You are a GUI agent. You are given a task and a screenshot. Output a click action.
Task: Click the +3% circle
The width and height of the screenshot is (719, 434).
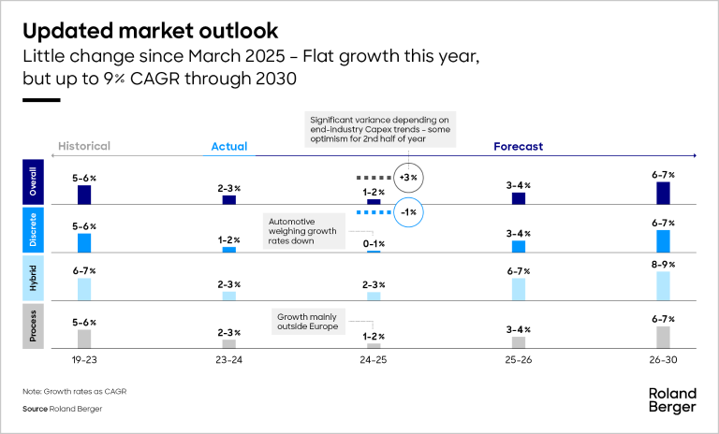click(407, 176)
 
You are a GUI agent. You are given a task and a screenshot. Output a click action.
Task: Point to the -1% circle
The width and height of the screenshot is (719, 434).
click(407, 212)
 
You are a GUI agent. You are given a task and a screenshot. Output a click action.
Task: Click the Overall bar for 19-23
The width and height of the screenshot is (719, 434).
click(84, 195)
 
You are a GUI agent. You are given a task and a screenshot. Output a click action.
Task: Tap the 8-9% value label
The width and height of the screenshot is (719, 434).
click(663, 265)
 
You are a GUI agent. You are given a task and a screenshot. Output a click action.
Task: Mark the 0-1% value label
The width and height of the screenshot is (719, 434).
click(374, 243)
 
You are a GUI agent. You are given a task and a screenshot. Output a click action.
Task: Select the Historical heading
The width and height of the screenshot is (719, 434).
click(84, 146)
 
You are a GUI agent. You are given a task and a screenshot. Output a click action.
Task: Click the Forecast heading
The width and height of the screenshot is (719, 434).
click(519, 146)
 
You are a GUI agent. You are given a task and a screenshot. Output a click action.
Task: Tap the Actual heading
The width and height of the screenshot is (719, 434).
click(228, 147)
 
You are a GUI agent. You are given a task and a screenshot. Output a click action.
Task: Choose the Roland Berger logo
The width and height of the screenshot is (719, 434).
click(672, 400)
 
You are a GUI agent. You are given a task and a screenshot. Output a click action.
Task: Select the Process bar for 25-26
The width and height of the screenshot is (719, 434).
click(519, 342)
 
